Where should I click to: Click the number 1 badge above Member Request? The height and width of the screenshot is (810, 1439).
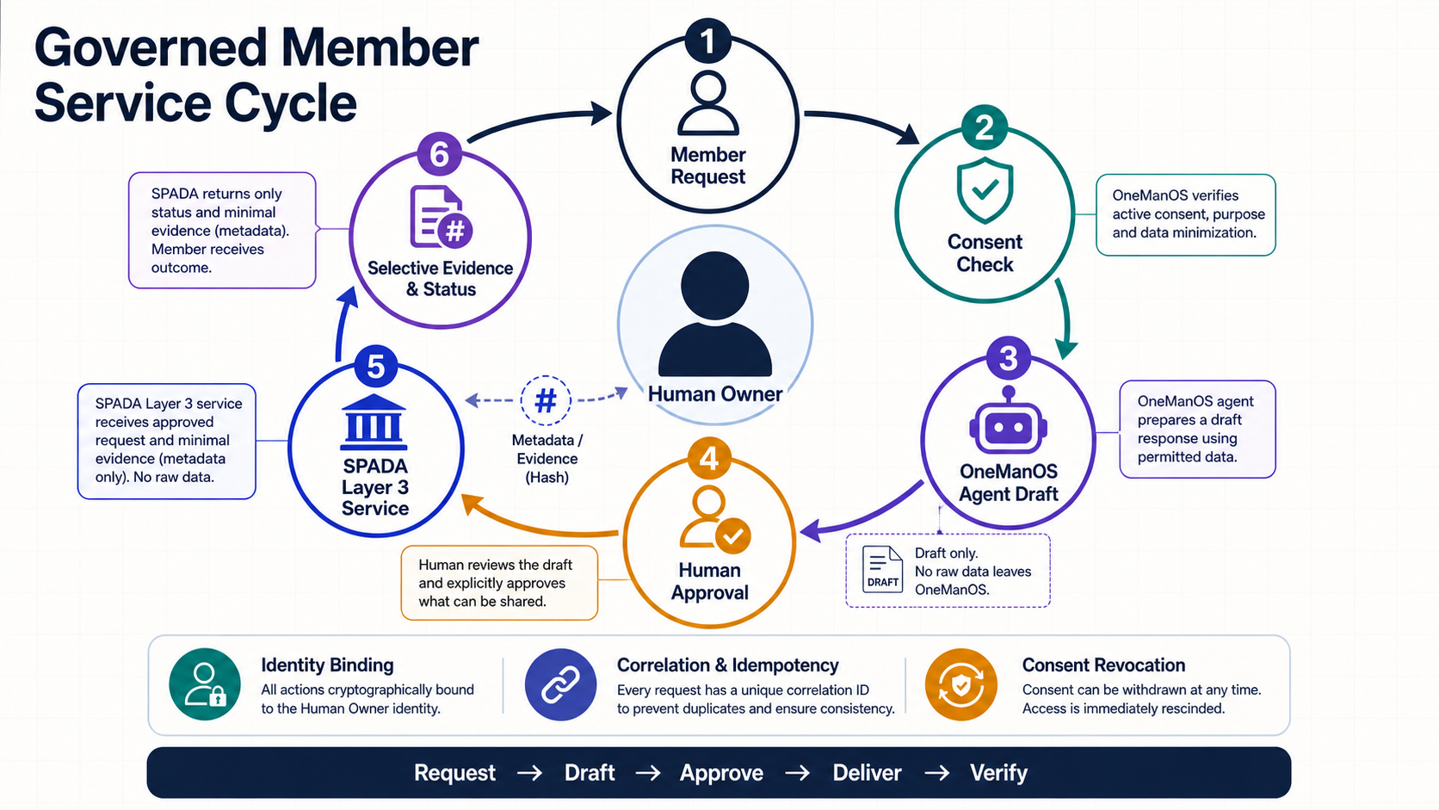pyautogui.click(x=707, y=41)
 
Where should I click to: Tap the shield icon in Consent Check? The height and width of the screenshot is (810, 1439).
pyautogui.click(x=985, y=190)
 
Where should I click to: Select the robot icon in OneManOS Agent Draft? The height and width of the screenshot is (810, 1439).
pyautogui.click(x=1009, y=422)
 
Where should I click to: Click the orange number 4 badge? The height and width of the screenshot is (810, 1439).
pyautogui.click(x=709, y=459)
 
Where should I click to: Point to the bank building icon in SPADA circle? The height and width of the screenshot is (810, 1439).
pyautogui.click(x=374, y=422)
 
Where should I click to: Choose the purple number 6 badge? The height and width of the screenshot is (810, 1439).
pyautogui.click(x=440, y=154)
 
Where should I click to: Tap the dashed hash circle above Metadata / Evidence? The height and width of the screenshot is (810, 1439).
pyautogui.click(x=546, y=401)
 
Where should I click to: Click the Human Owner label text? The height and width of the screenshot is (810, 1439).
pyautogui.click(x=714, y=393)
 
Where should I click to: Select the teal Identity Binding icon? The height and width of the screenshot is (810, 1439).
pyautogui.click(x=205, y=684)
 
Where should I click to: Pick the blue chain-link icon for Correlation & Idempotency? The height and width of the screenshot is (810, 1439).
pyautogui.click(x=560, y=684)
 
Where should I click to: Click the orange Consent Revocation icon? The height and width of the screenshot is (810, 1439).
pyautogui.click(x=961, y=684)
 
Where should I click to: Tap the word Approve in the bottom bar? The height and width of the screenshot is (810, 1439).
pyautogui.click(x=721, y=773)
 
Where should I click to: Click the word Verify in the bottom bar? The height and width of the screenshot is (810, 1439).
pyautogui.click(x=999, y=773)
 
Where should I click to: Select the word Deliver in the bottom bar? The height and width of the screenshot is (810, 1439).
pyautogui.click(x=868, y=773)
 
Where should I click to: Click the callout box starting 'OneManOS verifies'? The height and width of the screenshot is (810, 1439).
pyautogui.click(x=1186, y=214)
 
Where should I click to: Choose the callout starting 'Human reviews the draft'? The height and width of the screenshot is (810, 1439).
pyautogui.click(x=499, y=583)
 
